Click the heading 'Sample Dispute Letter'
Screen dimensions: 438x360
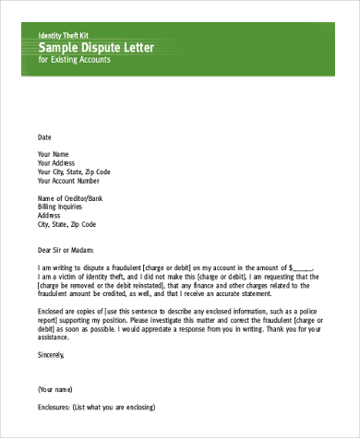97,47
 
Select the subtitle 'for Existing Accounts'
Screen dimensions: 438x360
74,60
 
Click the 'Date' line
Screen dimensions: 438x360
44,136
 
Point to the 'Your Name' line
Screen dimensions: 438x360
53,153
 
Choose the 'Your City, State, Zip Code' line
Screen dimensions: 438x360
74,172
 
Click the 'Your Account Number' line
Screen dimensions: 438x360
67,181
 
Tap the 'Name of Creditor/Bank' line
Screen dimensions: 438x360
71,198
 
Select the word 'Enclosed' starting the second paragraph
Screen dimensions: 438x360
52,311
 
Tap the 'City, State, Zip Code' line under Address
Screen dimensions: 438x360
66,224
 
